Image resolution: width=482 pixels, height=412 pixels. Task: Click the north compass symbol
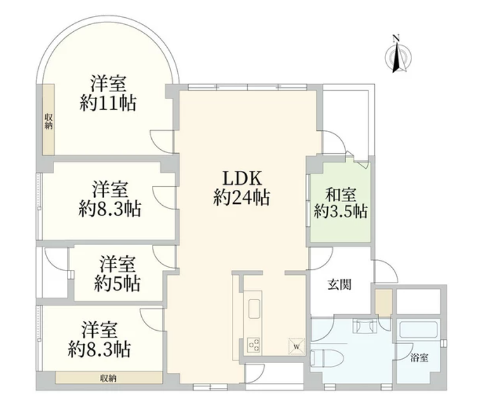[398, 58]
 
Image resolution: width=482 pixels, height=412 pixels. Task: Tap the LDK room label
[242, 178]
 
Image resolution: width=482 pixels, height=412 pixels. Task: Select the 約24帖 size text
[242, 197]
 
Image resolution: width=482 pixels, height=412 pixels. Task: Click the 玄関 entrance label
[339, 285]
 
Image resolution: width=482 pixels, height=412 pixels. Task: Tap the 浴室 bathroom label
[419, 358]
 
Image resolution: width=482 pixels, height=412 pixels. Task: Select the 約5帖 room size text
[118, 284]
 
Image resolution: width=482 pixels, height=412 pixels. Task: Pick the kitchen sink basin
[255, 309]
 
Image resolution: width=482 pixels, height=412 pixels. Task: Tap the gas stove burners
[254, 345]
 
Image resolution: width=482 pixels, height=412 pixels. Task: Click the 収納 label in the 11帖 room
[49, 121]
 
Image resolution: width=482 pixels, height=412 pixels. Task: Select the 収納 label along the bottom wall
[108, 377]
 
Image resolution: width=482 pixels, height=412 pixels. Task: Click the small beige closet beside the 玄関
[383, 302]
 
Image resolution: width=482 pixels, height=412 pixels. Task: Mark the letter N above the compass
[396, 39]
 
